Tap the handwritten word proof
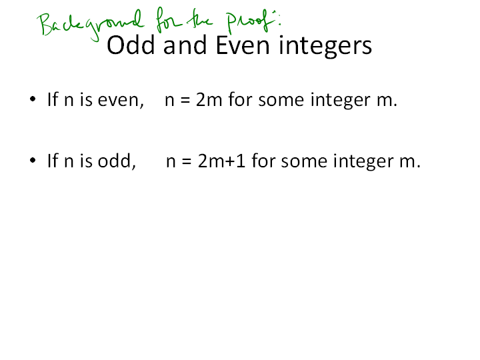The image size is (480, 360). pos(249,21)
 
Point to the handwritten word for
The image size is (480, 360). pos(168,20)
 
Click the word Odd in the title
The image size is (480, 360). pos(131,45)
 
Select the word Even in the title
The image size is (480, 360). pos(243,45)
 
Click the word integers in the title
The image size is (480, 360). pos(325,46)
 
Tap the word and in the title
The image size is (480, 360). pos(185,45)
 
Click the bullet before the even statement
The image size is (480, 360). pos(33,99)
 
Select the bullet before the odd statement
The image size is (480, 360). pos(33,160)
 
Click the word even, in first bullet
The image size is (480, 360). pos(121,101)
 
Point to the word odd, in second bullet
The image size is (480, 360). pos(117,161)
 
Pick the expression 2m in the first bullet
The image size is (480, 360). pos(209,100)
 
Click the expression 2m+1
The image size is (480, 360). pos(221,161)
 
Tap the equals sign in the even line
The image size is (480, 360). pos(185,101)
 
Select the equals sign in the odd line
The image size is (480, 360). pos(187,161)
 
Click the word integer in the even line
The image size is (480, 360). pos(341,101)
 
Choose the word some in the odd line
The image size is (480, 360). pos(304,162)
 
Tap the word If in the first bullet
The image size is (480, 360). pos(53,99)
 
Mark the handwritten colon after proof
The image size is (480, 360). pos(279,19)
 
